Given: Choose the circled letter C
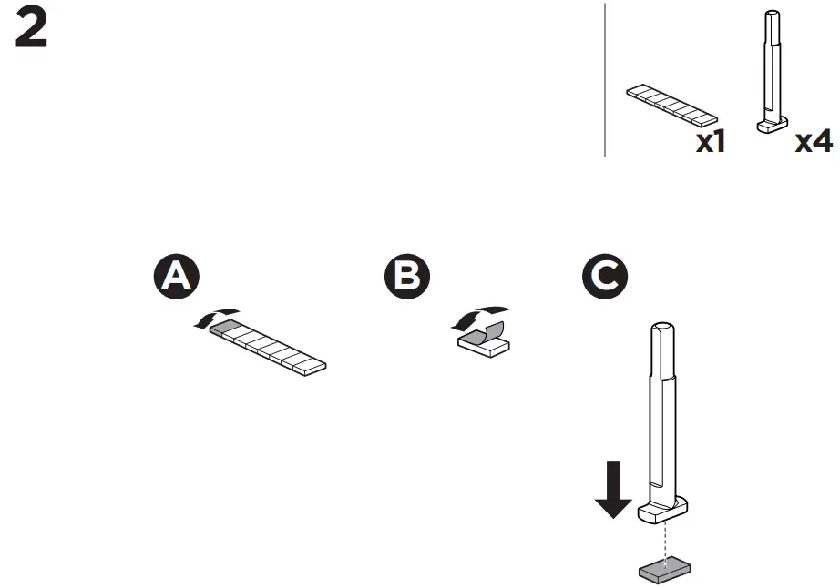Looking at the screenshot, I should [x=605, y=276].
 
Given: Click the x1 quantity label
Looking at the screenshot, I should [x=711, y=142].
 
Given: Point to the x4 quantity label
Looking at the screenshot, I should [x=814, y=142].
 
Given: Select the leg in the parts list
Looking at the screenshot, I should [x=773, y=68].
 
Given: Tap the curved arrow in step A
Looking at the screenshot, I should [x=217, y=316].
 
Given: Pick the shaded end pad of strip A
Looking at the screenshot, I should [x=227, y=329].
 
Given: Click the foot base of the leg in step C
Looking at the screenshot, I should [x=664, y=512].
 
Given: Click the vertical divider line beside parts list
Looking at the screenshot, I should [x=605, y=80].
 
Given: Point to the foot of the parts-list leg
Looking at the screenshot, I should [x=773, y=127].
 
